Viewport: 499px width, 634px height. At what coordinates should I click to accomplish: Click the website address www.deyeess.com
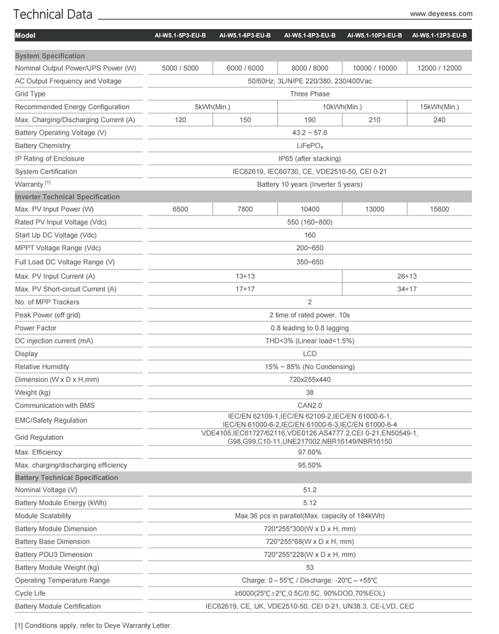tap(441, 13)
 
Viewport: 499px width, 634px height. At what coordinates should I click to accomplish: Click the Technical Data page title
tap(53, 15)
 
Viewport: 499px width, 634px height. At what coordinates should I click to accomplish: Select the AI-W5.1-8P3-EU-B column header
tap(309, 36)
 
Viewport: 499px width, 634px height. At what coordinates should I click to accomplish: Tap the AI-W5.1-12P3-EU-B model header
tap(439, 36)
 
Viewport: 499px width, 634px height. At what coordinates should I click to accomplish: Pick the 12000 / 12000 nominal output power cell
tap(440, 68)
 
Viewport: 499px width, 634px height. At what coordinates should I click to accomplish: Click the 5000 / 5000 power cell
tap(180, 68)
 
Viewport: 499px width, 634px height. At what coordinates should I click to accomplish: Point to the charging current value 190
tap(309, 120)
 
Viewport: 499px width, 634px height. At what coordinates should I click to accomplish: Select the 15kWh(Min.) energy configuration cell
tap(440, 107)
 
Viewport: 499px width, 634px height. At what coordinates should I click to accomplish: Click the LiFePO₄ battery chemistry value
tap(309, 146)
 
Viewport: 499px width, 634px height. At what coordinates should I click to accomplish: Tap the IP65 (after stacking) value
tap(309, 158)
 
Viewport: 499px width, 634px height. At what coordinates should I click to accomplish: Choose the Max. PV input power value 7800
tap(245, 209)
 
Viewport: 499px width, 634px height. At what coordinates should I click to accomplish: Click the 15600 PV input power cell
tap(440, 209)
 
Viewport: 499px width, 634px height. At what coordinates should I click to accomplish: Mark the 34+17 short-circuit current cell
tap(407, 289)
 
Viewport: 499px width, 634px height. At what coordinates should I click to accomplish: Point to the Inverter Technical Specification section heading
tap(67, 197)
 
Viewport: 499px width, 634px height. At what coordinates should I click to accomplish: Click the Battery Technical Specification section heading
tap(66, 477)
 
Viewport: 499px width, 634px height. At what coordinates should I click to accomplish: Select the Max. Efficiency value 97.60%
tap(309, 452)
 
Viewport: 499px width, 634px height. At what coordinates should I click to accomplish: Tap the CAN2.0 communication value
tap(309, 405)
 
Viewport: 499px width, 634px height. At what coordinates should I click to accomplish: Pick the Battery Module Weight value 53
tap(309, 567)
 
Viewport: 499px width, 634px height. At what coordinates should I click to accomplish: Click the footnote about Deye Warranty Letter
tap(93, 625)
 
